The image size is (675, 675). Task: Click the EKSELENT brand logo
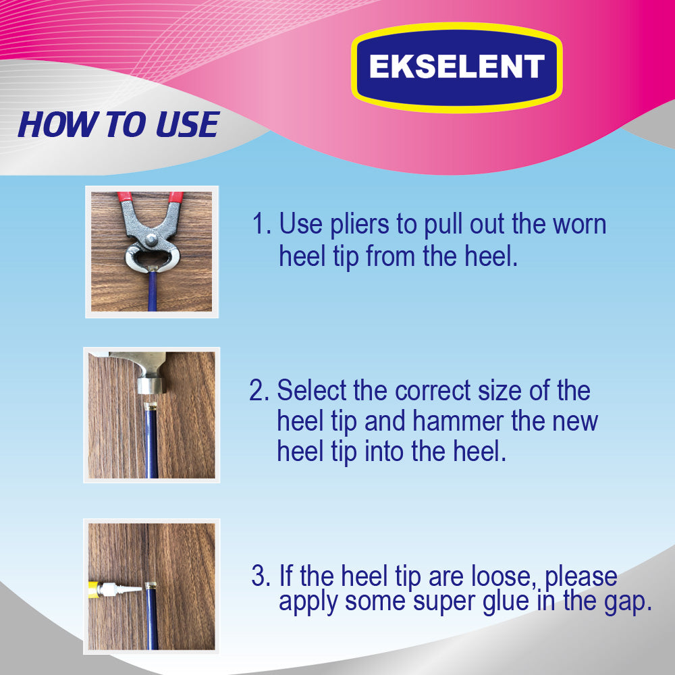(x=457, y=67)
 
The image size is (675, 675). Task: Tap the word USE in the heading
(x=187, y=124)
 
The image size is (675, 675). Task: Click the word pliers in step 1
(x=360, y=225)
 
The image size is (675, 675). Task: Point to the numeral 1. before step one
(x=262, y=224)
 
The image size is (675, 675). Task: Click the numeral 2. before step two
(x=260, y=390)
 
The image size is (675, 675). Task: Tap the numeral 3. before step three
(x=261, y=576)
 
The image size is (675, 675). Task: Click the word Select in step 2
(x=312, y=390)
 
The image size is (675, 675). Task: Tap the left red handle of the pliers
(x=124, y=196)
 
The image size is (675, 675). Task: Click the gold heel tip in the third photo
(x=151, y=585)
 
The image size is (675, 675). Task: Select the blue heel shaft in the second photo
(x=151, y=444)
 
